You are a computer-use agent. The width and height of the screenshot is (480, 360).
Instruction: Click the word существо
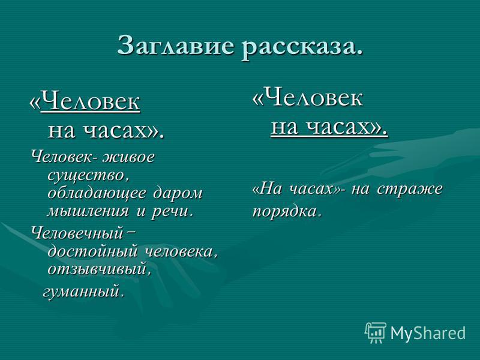pos(86,176)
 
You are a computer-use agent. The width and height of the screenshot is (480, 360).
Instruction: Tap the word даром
pos(178,193)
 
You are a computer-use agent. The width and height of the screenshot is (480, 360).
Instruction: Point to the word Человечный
pos(77,233)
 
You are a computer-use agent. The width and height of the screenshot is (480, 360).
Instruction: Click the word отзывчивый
pos(97,269)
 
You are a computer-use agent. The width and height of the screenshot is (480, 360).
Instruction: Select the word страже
pos(410,188)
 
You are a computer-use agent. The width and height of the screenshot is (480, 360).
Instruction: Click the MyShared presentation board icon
pos(376,332)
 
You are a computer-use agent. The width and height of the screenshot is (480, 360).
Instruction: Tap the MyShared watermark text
pos(428,332)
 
